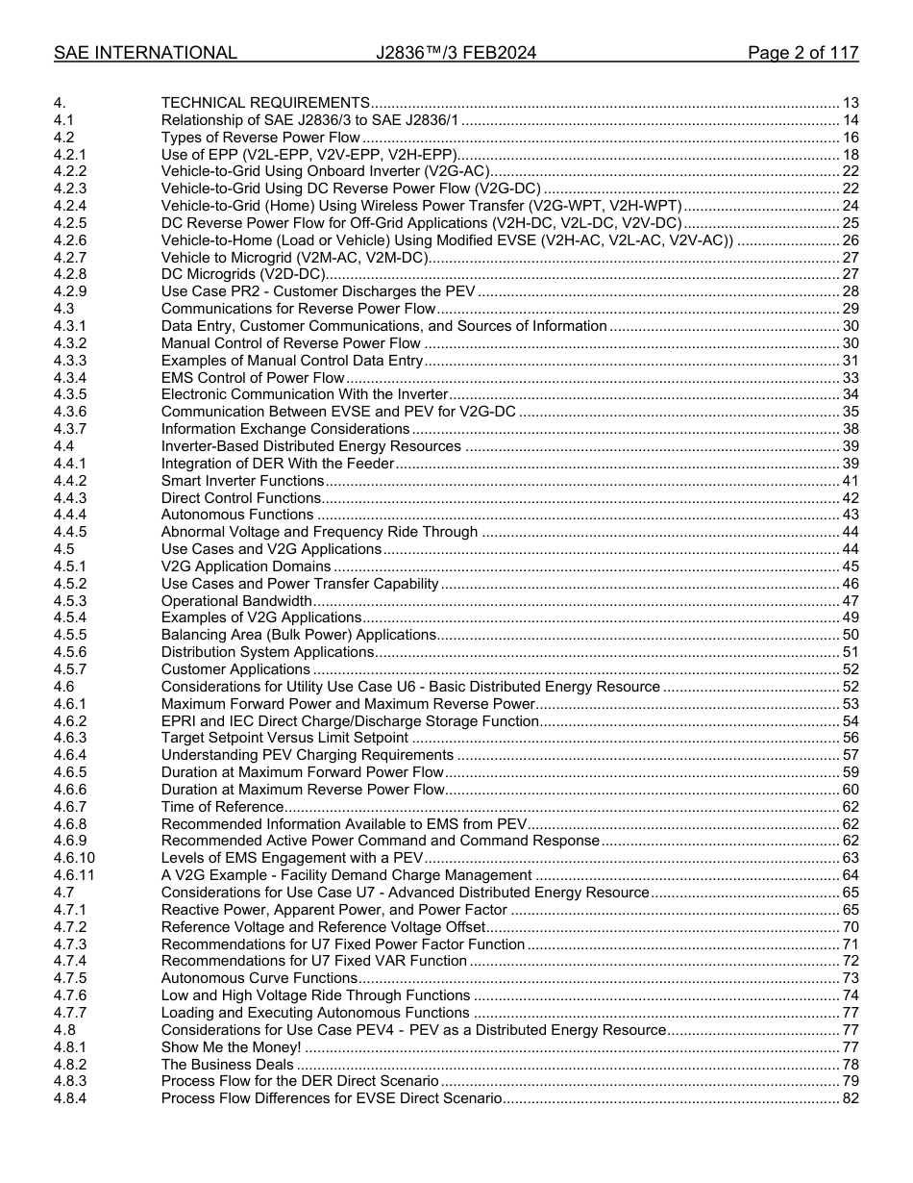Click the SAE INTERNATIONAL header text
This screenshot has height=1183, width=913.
[x=145, y=53]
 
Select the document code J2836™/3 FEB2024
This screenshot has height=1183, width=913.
[x=456, y=53]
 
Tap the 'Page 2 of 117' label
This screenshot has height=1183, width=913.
[x=802, y=53]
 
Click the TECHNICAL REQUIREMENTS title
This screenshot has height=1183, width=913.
[x=265, y=103]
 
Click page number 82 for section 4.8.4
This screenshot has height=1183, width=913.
[x=850, y=1098]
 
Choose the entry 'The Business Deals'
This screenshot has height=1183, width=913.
[x=227, y=1065]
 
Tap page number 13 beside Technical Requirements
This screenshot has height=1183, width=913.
[x=850, y=103]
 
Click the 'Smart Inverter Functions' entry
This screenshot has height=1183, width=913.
[x=243, y=480]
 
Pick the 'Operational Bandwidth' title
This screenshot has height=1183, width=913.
[x=236, y=600]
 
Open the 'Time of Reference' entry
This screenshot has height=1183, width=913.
[x=222, y=807]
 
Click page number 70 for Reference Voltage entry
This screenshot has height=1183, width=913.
[x=850, y=927]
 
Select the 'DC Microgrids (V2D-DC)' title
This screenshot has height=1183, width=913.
[x=243, y=274]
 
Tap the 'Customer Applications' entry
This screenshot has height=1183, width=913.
[x=235, y=669]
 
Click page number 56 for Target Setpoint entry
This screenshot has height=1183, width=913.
[x=850, y=738]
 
